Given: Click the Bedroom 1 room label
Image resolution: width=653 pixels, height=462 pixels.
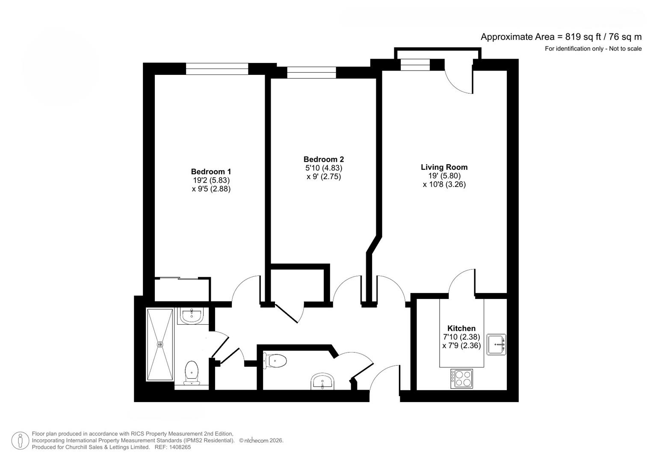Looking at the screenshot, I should pos(211,172).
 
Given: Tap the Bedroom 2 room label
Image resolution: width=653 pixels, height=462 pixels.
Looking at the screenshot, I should pos(323,159).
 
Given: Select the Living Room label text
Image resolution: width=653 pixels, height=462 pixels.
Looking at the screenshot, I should pos(444,167).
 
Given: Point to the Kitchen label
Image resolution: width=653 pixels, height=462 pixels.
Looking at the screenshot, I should pos(461,329).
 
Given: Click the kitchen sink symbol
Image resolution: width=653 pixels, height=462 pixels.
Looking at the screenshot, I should pos(496,344).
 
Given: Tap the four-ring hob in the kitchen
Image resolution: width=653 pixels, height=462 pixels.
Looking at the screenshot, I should pos(461,379).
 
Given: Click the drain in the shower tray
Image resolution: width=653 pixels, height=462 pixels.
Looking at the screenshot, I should pos(160,344).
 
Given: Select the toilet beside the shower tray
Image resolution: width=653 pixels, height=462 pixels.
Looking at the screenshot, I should pos(191,373).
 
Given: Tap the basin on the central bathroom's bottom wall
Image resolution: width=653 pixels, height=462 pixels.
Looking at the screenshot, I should pos(322,382).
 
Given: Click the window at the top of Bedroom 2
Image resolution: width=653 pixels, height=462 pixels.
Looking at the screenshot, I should pos(311,73).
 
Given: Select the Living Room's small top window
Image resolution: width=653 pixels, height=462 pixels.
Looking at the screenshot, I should pos(414,64).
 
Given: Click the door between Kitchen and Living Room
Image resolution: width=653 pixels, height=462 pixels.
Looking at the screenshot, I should pos(462,282).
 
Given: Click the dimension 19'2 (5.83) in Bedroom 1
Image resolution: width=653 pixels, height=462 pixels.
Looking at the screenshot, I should pos(211,181).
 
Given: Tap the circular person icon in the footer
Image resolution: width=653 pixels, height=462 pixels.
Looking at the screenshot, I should pos(20,441).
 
